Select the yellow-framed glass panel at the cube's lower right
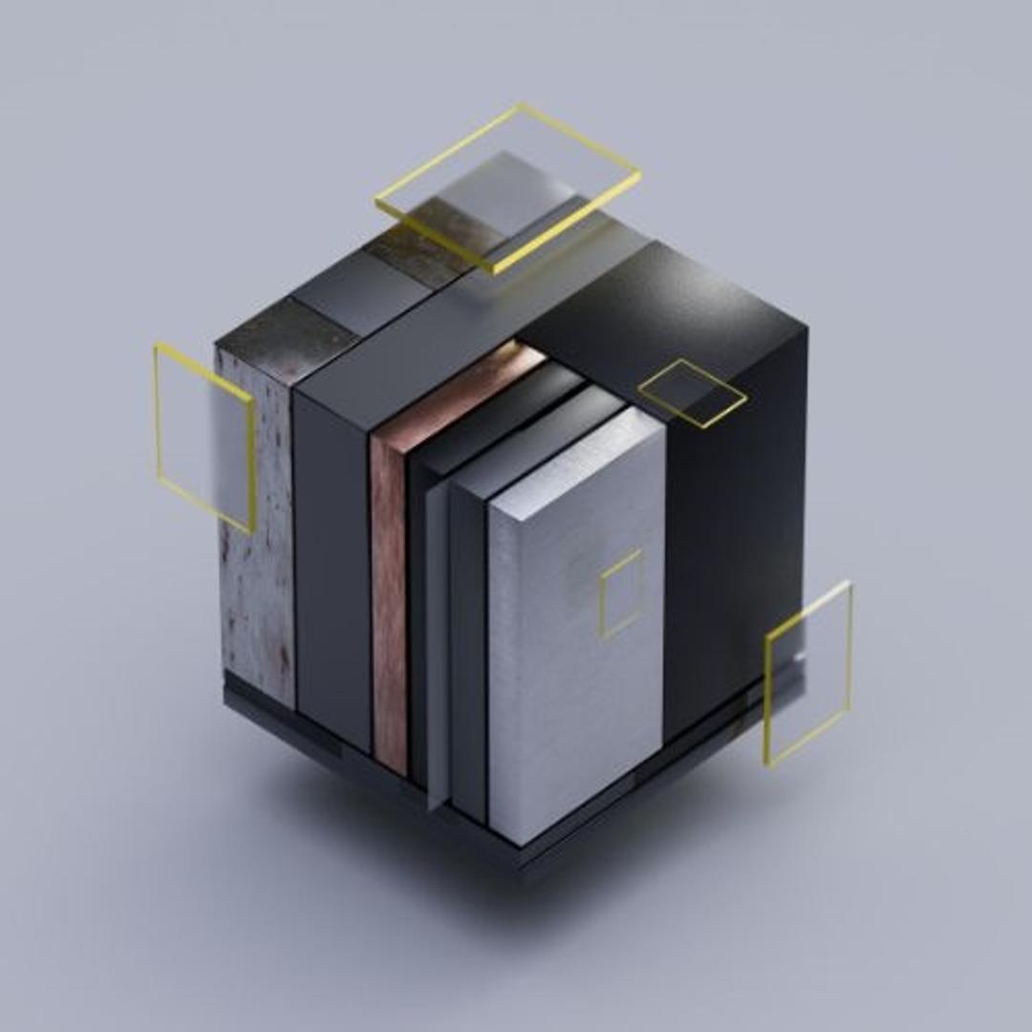click(808, 673)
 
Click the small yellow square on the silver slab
click(621, 593)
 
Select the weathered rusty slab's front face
click(256, 535)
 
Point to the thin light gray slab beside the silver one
click(438, 650)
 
